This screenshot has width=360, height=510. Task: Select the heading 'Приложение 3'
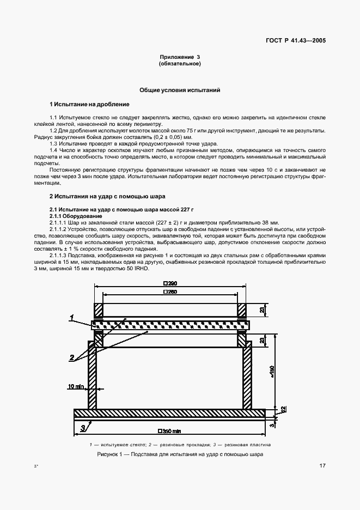(180, 57)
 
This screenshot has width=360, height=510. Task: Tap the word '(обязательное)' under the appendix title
(180, 64)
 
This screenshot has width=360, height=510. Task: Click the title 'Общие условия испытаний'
(180, 90)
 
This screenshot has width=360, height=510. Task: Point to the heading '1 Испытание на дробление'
(89, 104)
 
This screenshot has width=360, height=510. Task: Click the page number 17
(322, 466)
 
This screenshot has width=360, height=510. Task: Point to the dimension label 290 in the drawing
(170, 284)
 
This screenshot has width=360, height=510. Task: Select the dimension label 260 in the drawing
(170, 294)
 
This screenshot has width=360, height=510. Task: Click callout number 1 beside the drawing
(71, 317)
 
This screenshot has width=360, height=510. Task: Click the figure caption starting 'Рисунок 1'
(180, 453)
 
